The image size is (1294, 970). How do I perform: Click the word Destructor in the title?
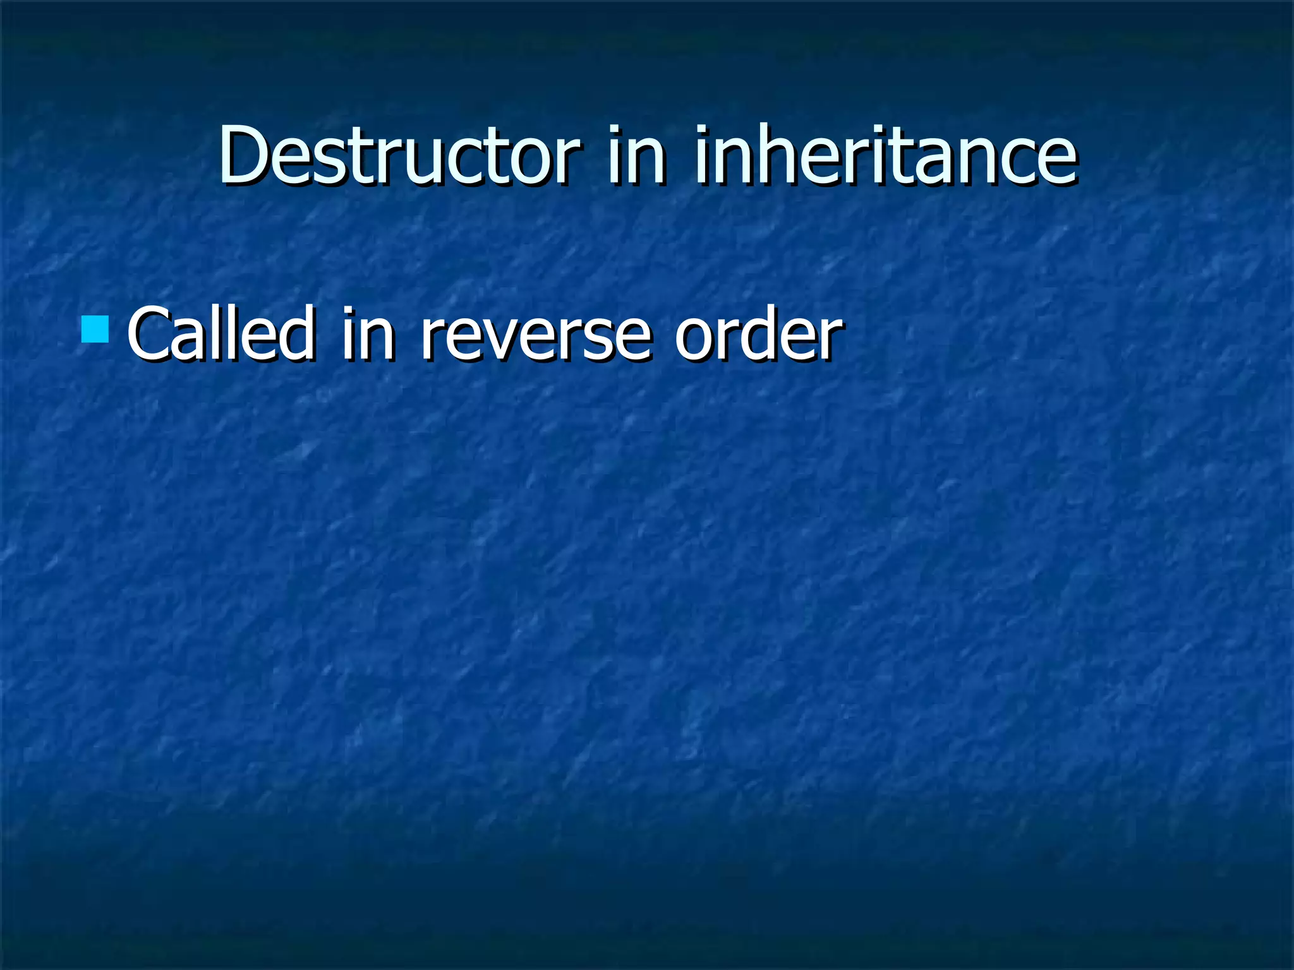coord(399,155)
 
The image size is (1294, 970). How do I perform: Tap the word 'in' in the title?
coord(636,155)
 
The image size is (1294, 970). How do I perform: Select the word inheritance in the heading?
coord(885,155)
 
